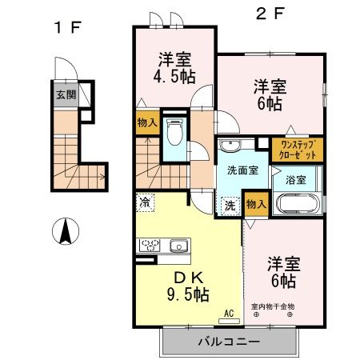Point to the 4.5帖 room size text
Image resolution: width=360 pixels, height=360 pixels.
(174, 78)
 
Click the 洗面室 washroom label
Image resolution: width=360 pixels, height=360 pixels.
(241, 170)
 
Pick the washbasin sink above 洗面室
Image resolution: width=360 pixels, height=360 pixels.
(231, 146)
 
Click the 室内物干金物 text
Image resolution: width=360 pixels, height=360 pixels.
(273, 306)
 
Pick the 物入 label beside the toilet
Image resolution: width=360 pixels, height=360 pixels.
(146, 123)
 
